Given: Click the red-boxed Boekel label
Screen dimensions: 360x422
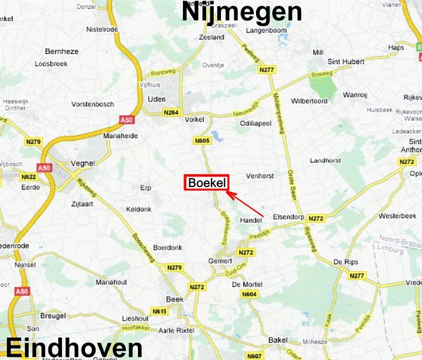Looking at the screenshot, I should pyautogui.click(x=207, y=183).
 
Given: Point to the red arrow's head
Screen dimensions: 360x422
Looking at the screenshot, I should pyautogui.click(x=231, y=191).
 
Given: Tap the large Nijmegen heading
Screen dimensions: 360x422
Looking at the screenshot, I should pyautogui.click(x=242, y=12).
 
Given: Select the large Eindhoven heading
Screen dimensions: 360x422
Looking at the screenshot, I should pyautogui.click(x=75, y=348).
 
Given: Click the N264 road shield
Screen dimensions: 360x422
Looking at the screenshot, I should pyautogui.click(x=171, y=112).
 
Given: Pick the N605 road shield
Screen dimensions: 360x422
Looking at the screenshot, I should pyautogui.click(x=202, y=141).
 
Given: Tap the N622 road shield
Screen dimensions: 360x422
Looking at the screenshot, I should pyautogui.click(x=29, y=177).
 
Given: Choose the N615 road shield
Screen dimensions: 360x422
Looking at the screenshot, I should pyautogui.click(x=160, y=311).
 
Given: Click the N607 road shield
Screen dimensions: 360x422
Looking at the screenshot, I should pyautogui.click(x=254, y=356).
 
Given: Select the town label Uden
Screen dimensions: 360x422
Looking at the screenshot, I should pyautogui.click(x=156, y=99).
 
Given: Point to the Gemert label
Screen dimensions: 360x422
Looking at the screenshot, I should pyautogui.click(x=220, y=260).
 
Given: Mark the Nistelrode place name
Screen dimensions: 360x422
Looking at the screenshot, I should pyautogui.click(x=100, y=30).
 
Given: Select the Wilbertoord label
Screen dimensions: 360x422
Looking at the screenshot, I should pyautogui.click(x=309, y=101).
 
